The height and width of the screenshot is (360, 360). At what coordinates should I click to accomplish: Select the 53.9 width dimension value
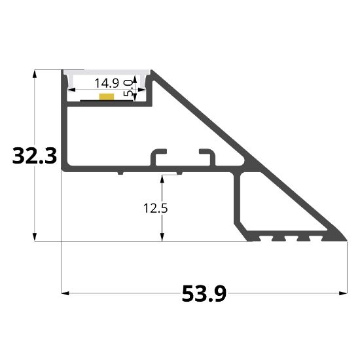[204, 295]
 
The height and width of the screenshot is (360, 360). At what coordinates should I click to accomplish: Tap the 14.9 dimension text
[107, 83]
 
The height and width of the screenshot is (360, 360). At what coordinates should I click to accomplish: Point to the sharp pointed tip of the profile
[345, 239]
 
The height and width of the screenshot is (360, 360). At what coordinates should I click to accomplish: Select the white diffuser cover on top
[108, 71]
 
